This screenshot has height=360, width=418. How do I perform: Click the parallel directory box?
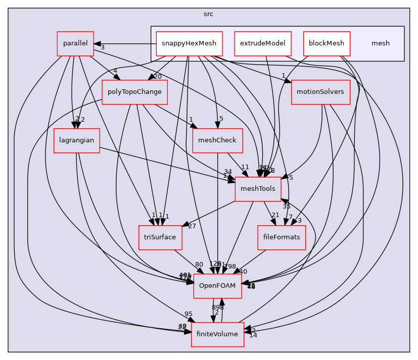coord(75,43)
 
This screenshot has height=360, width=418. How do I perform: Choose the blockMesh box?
coord(326,43)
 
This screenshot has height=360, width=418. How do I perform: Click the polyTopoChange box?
coord(134,92)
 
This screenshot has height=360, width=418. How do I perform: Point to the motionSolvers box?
coord(320,92)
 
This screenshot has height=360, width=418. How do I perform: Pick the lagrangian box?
coord(76,140)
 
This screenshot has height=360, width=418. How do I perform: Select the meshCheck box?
coord(218,140)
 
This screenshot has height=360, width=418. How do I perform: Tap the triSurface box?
coord(161,237)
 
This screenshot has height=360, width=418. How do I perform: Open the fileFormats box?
coord(282,237)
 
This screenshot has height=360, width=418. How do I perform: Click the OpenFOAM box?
coord(217,286)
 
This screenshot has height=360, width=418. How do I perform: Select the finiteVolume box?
coord(217,334)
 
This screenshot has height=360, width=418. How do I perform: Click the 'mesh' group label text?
coord(381,43)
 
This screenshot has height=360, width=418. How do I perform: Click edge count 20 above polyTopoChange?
coord(158,77)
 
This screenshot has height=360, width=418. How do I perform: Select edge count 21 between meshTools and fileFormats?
coord(275,216)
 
